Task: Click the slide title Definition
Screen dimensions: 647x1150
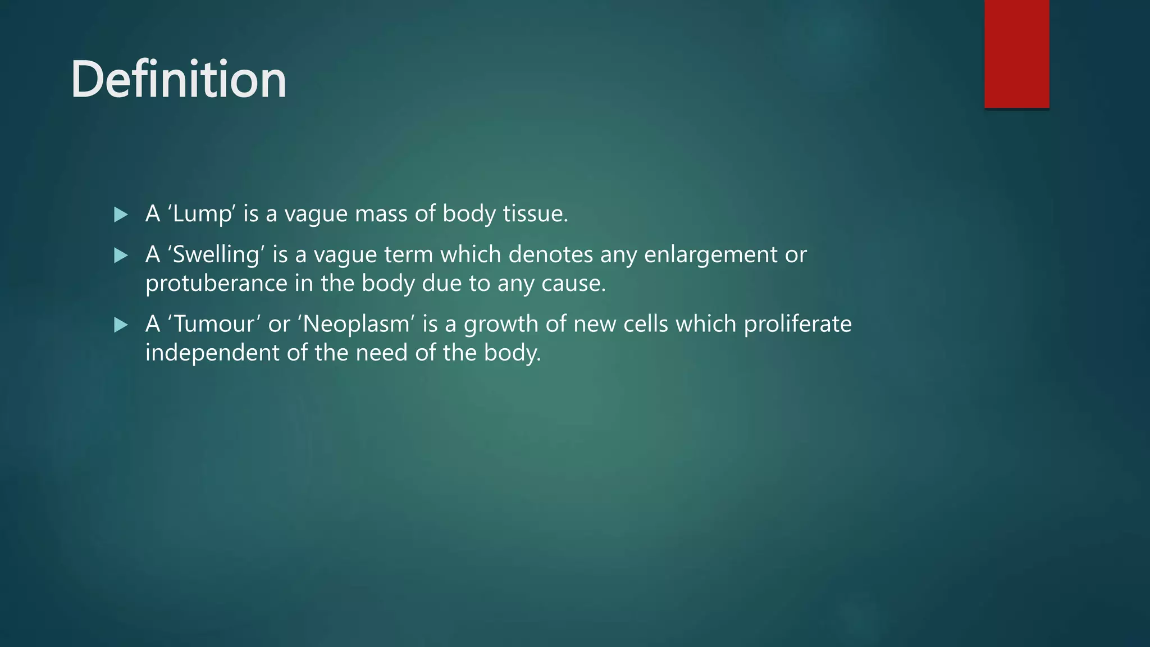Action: (179, 79)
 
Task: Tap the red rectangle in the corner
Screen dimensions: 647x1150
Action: (1016, 54)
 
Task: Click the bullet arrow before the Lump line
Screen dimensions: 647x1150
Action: (121, 215)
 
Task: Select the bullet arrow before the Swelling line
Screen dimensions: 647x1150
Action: (121, 256)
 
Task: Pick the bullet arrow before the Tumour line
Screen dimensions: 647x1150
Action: (121, 325)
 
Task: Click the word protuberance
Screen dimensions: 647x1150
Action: (216, 284)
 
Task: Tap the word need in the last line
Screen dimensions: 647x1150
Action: (381, 353)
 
